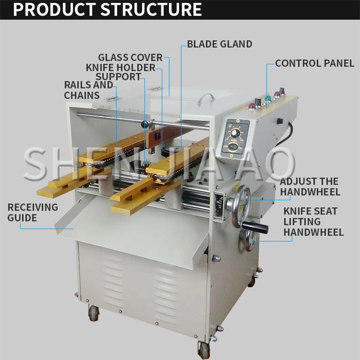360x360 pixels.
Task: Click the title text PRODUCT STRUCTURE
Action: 107,9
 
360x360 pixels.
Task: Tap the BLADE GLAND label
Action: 220,44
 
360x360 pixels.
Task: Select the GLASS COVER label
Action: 130,58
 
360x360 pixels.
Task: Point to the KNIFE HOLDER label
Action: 120,67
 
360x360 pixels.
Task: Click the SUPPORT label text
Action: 118,77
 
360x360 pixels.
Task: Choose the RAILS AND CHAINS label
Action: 88,90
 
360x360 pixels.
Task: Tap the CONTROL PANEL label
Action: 315,63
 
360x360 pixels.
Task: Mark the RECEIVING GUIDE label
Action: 32,212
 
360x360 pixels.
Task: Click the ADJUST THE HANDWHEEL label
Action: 310,187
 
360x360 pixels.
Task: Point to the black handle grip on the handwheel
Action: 257,226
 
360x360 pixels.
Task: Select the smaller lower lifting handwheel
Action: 250,240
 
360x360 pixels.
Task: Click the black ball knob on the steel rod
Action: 144,124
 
